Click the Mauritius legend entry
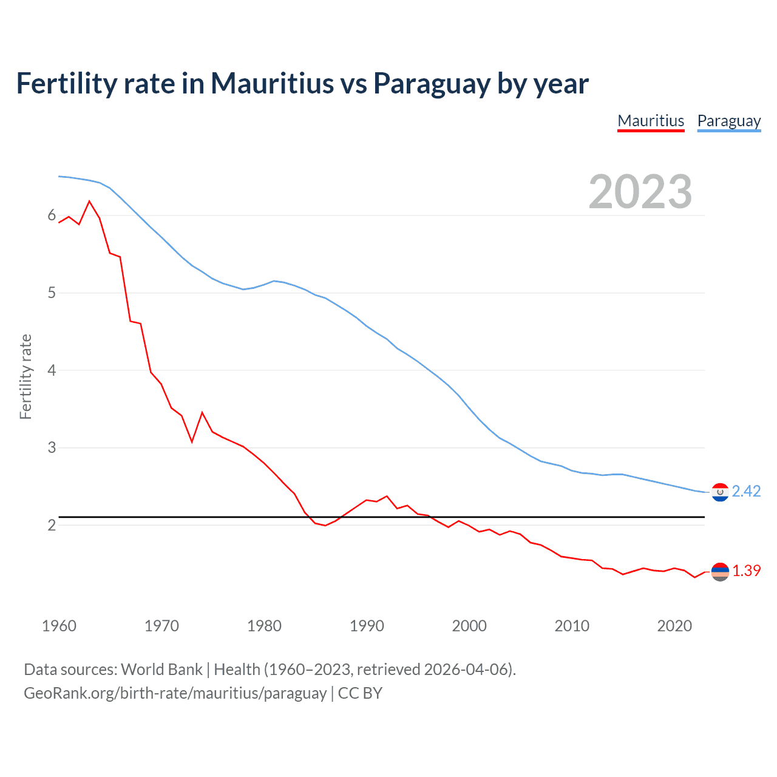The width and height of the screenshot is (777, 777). [651, 121]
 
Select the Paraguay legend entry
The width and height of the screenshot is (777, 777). [728, 121]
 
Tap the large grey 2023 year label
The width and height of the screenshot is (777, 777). [640, 192]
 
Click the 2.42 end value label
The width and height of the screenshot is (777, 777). [746, 491]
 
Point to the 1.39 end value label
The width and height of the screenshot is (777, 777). [746, 571]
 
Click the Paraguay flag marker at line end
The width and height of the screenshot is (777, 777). [720, 492]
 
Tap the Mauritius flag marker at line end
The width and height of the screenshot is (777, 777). [720, 571]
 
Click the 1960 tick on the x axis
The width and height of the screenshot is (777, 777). [59, 626]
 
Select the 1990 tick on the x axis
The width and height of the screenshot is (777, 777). [367, 626]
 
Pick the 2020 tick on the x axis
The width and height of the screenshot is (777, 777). [674, 626]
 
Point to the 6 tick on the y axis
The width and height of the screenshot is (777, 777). [52, 215]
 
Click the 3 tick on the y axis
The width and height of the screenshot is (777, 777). [52, 448]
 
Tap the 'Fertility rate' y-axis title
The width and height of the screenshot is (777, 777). [25, 376]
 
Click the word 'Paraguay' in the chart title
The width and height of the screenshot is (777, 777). [431, 84]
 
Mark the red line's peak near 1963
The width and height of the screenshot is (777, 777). [89, 201]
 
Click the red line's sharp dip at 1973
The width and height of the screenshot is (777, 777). [192, 442]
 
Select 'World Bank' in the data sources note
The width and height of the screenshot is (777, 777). [161, 670]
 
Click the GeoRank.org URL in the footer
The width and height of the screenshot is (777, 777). [175, 693]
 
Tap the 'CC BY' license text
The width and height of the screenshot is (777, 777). [360, 693]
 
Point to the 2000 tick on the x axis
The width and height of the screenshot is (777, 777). [469, 626]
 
